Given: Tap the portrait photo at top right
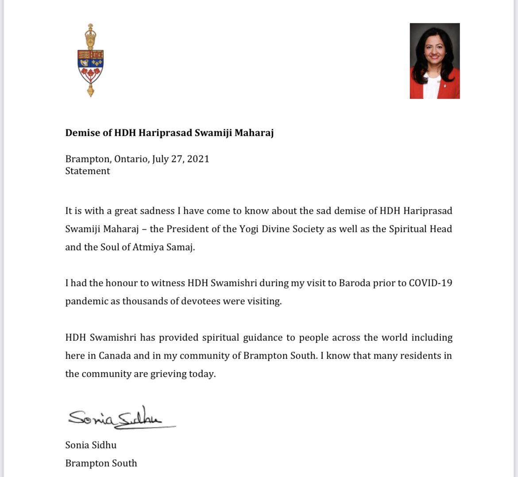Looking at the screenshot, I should click(x=435, y=61).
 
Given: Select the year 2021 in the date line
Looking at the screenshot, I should click(x=198, y=159).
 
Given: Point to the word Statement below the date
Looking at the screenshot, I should click(x=87, y=171).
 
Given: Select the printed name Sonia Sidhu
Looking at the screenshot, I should click(x=91, y=445).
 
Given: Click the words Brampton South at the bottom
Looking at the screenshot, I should click(x=101, y=463).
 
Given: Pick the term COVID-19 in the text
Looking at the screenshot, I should click(x=430, y=283).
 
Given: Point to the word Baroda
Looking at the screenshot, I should click(x=354, y=283).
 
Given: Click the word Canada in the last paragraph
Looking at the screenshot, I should click(x=114, y=356).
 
